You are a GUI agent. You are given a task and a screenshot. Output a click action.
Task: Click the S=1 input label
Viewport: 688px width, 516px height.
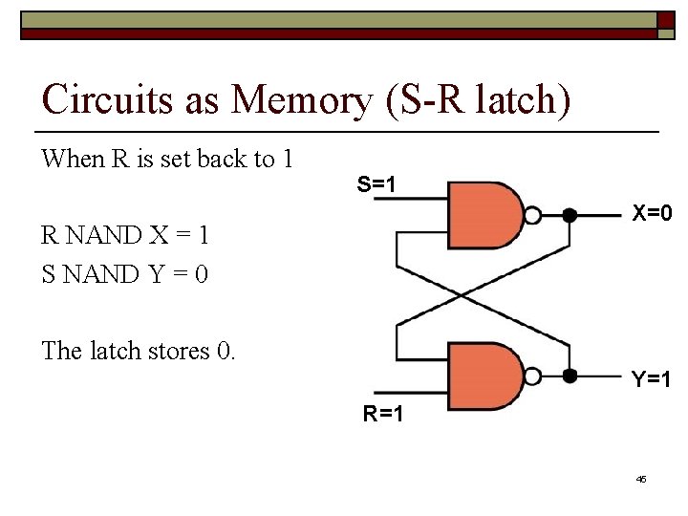376,182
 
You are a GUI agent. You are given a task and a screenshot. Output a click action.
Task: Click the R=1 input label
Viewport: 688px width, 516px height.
381,414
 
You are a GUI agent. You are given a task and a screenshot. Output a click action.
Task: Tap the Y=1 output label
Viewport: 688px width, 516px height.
650,379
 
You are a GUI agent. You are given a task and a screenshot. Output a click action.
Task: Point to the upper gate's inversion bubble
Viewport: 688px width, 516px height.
534,216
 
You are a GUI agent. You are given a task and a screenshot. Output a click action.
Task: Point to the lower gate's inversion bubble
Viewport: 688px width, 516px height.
534,376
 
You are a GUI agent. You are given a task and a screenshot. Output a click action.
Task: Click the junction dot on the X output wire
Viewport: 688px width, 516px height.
570,216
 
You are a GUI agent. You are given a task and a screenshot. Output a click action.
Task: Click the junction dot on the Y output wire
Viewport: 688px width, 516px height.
570,376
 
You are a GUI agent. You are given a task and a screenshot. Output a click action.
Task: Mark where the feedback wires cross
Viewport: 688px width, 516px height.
462,296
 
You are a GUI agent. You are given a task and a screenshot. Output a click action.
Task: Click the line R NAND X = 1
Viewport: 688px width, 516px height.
124,234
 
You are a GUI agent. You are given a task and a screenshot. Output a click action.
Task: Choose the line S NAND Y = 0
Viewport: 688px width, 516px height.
124,273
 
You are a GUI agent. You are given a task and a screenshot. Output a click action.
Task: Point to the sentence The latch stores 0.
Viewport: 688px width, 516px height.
138,351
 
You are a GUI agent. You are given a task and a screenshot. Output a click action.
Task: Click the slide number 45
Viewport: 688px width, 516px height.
641,478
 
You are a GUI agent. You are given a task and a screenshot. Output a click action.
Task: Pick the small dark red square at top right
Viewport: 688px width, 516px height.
664,21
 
